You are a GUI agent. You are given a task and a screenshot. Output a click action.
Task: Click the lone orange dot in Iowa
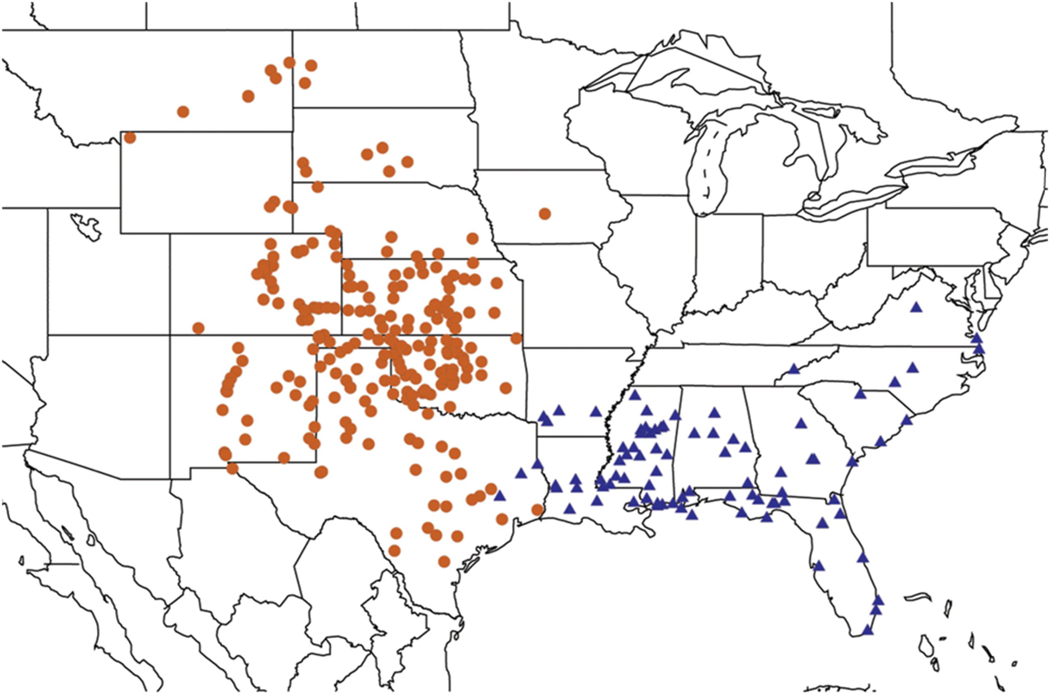click(x=545, y=214)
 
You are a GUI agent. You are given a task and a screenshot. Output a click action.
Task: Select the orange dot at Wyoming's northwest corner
click(x=129, y=138)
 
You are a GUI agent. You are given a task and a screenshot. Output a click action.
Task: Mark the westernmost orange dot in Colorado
click(x=198, y=328)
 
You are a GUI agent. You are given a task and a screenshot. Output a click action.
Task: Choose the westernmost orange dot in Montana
click(x=183, y=112)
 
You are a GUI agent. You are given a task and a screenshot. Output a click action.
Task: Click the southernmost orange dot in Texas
click(x=444, y=562)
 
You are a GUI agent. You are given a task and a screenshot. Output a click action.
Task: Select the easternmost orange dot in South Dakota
click(x=407, y=162)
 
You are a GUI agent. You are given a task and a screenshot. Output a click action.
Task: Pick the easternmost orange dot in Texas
click(x=537, y=509)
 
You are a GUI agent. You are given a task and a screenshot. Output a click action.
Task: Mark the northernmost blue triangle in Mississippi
click(x=634, y=395)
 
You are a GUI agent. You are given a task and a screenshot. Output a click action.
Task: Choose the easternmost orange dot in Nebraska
click(x=472, y=238)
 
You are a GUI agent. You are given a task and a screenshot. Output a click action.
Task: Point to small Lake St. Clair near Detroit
click(x=814, y=196)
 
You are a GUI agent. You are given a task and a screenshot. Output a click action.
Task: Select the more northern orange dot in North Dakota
click(x=311, y=66)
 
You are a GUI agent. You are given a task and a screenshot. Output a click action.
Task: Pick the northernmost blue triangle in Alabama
click(x=714, y=413)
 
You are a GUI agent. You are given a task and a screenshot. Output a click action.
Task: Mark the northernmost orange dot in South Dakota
click(x=382, y=147)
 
